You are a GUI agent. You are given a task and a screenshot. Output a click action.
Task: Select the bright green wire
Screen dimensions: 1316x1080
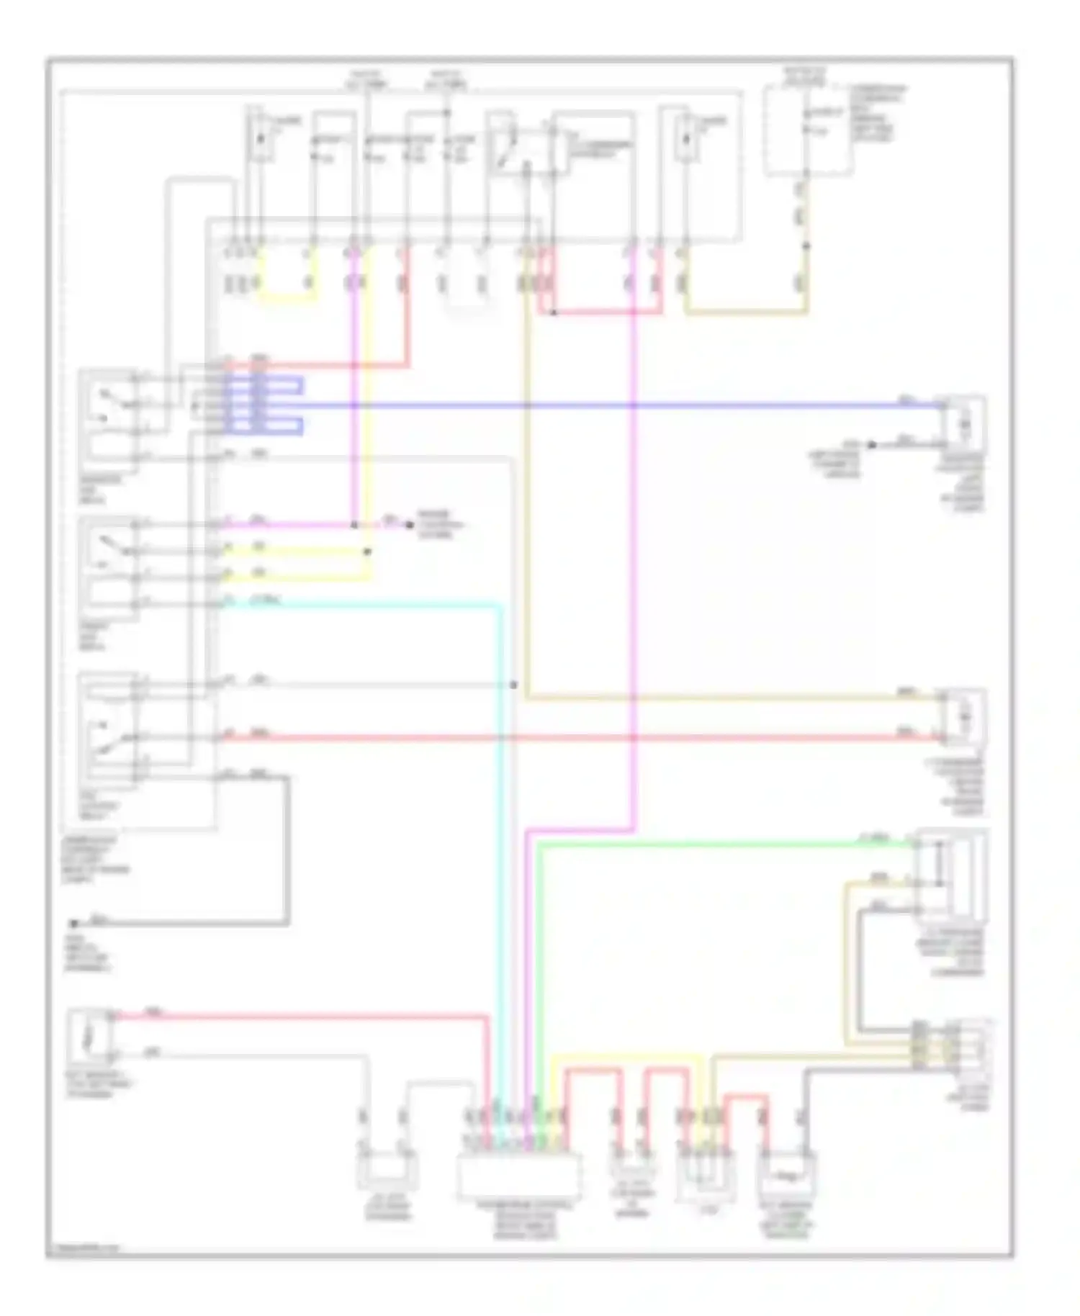pos(720,843)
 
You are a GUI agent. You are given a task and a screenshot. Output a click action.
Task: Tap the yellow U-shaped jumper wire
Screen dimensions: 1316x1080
pos(287,299)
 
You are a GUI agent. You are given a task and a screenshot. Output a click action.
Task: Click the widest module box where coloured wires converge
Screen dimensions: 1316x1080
pos(519,1174)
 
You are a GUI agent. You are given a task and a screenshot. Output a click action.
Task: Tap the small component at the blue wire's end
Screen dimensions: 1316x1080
pos(966,425)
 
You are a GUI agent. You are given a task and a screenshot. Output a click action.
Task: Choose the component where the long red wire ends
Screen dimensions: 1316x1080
pos(966,716)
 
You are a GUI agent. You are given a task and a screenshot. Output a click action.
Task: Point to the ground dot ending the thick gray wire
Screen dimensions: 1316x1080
pos(73,923)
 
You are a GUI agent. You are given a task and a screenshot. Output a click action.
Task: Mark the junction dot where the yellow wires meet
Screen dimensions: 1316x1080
pos(366,552)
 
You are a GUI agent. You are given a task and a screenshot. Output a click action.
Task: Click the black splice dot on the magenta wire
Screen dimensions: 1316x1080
pos(354,525)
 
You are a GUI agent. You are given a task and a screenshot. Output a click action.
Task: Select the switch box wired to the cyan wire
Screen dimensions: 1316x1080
pos(108,569)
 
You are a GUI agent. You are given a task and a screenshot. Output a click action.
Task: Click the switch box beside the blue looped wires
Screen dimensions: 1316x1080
pos(108,416)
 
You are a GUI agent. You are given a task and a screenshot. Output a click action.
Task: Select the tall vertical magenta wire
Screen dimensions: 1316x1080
pos(634,576)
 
